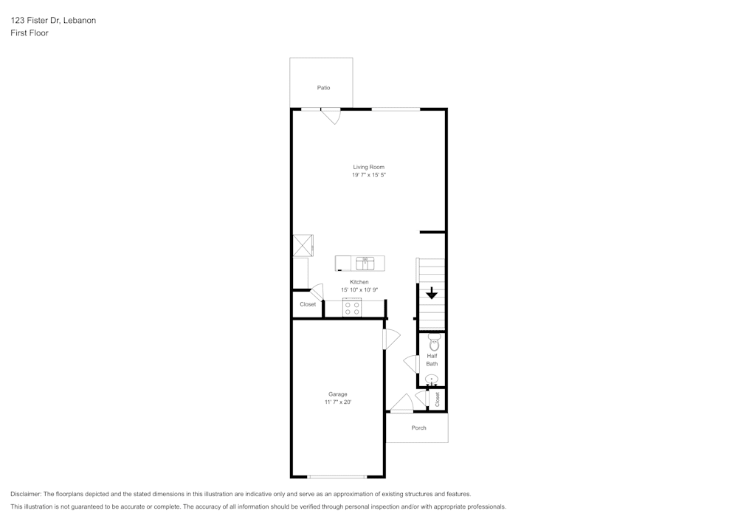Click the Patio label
coord(323,88)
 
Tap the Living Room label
coord(368,168)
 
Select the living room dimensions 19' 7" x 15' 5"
coord(368,176)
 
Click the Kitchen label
coord(359,282)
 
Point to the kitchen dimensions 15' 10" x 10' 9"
coord(359,290)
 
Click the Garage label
coord(337,394)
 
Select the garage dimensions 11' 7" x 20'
coord(337,402)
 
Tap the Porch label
coord(418,428)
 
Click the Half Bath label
coord(432,360)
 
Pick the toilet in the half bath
coord(434,343)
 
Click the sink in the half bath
coord(432,380)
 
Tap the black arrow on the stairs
coord(432,293)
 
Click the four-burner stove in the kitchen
coord(352,308)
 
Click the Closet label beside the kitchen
coord(308,304)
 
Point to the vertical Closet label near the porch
coord(438,399)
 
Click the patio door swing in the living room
coord(331,116)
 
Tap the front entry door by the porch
coord(401,405)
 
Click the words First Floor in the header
coord(30,33)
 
